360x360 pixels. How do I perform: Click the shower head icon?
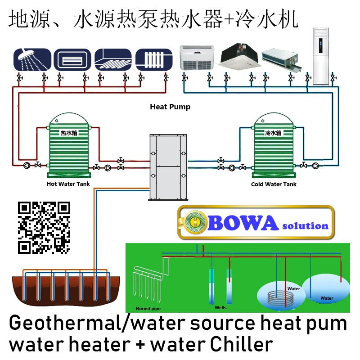coord(32,60)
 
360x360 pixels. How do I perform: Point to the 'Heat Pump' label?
coord(170,107)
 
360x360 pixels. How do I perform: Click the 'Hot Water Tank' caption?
coord(68,184)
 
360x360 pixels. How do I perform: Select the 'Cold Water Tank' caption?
coord(274,184)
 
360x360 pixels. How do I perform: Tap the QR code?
coord(44,227)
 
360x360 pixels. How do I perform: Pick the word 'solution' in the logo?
coord(305,225)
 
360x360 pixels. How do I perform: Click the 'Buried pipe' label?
coord(148,309)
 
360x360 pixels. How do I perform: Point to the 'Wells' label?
coord(220,308)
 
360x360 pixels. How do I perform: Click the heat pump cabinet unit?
coord(167,167)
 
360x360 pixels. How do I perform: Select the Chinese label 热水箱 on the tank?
coord(69,133)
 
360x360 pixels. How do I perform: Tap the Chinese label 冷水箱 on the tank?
coord(273,133)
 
